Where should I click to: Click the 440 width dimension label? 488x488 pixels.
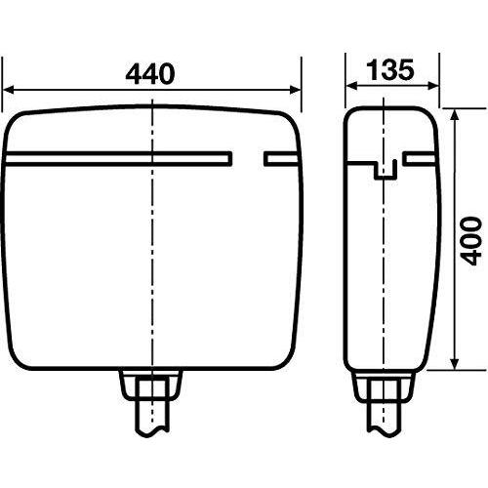tap(150, 74)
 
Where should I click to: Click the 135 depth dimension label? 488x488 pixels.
tap(390, 69)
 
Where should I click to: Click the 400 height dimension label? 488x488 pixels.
tap(471, 241)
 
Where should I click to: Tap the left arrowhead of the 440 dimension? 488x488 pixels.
tap(8, 90)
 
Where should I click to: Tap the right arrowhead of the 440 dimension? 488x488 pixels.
tap(296, 90)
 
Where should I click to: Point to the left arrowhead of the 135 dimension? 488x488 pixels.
tap(351, 86)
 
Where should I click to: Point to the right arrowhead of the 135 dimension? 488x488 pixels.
tap(432, 86)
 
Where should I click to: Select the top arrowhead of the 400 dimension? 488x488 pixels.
tap(455, 114)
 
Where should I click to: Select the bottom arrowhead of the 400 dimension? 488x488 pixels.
tap(455, 363)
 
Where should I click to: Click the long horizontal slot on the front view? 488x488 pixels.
tap(119, 159)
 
